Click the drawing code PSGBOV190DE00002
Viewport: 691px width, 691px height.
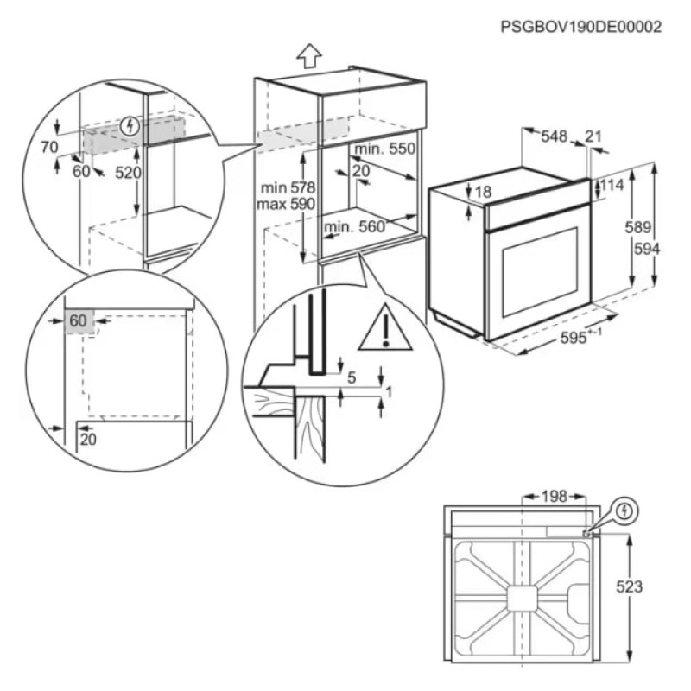click(580, 27)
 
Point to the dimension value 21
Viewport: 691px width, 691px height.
click(593, 136)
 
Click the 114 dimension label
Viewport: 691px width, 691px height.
click(612, 185)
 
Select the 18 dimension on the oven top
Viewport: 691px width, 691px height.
click(482, 193)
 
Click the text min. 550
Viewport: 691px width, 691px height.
click(384, 149)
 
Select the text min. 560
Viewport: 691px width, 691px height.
click(352, 227)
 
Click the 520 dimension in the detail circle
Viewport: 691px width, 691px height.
click(128, 173)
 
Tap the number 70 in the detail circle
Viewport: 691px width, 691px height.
click(48, 147)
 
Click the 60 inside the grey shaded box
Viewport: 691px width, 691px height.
click(78, 320)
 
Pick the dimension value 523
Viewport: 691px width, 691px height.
click(630, 586)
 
